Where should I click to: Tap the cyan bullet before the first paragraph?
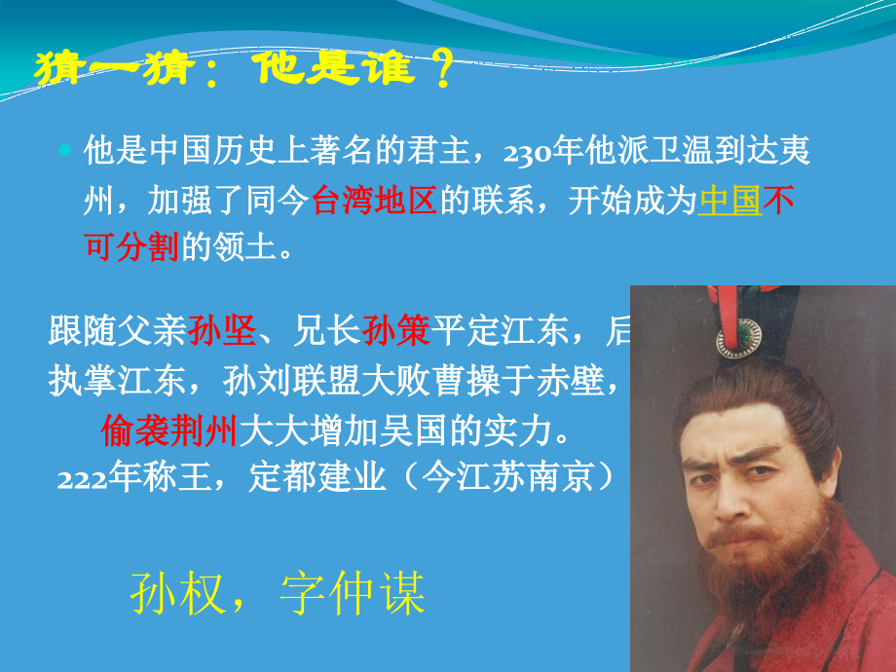(65, 151)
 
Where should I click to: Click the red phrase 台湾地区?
(374, 201)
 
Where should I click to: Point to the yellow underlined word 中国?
(730, 201)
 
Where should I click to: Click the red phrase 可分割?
(131, 247)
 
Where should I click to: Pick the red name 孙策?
(395, 332)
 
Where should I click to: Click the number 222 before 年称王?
(80, 478)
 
